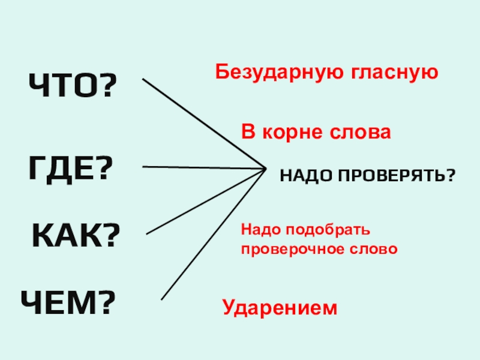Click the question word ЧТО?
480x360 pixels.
click(x=73, y=87)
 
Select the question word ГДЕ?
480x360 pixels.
click(x=71, y=169)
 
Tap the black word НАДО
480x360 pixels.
click(x=302, y=176)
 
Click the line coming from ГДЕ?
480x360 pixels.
click(x=204, y=167)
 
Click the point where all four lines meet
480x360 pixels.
click(x=266, y=169)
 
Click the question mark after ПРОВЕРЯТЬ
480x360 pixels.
click(x=451, y=176)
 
